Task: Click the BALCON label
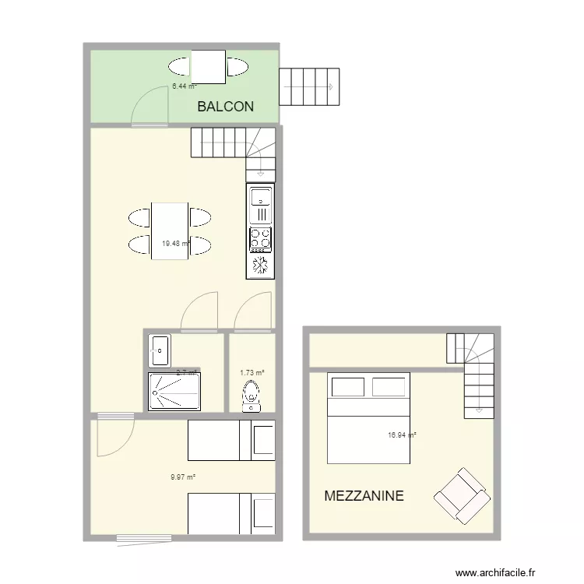pyautogui.click(x=225, y=107)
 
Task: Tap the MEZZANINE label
pyautogui.click(x=364, y=495)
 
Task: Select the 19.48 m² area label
pyautogui.click(x=176, y=244)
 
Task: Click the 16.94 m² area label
pyautogui.click(x=401, y=436)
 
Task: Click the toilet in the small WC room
pyautogui.click(x=252, y=394)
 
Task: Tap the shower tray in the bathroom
pyautogui.click(x=174, y=391)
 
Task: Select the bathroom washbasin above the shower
pyautogui.click(x=160, y=350)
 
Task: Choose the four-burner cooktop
pyautogui.click(x=261, y=238)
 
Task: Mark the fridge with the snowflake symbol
pyautogui.click(x=261, y=266)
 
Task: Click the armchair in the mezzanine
pyautogui.click(x=463, y=495)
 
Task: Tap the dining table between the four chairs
pyautogui.click(x=170, y=230)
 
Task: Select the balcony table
pyautogui.click(x=208, y=66)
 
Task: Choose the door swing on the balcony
pyautogui.click(x=150, y=106)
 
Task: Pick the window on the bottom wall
pyautogui.click(x=144, y=537)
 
